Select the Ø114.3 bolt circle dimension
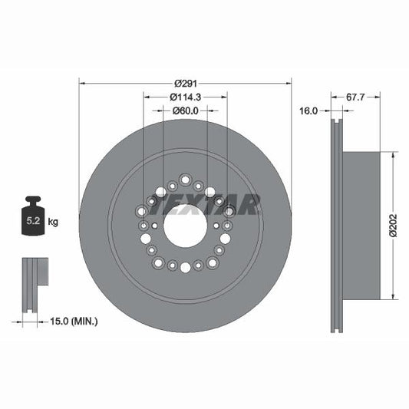[185, 97]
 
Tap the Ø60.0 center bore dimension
[185, 110]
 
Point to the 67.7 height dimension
[355, 97]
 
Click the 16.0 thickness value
[308, 110]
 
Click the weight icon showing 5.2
[33, 219]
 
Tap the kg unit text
[53, 222]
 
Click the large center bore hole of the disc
[185, 226]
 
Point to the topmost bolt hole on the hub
[185, 180]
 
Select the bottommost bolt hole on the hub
[185, 267]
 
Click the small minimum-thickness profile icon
[31, 283]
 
